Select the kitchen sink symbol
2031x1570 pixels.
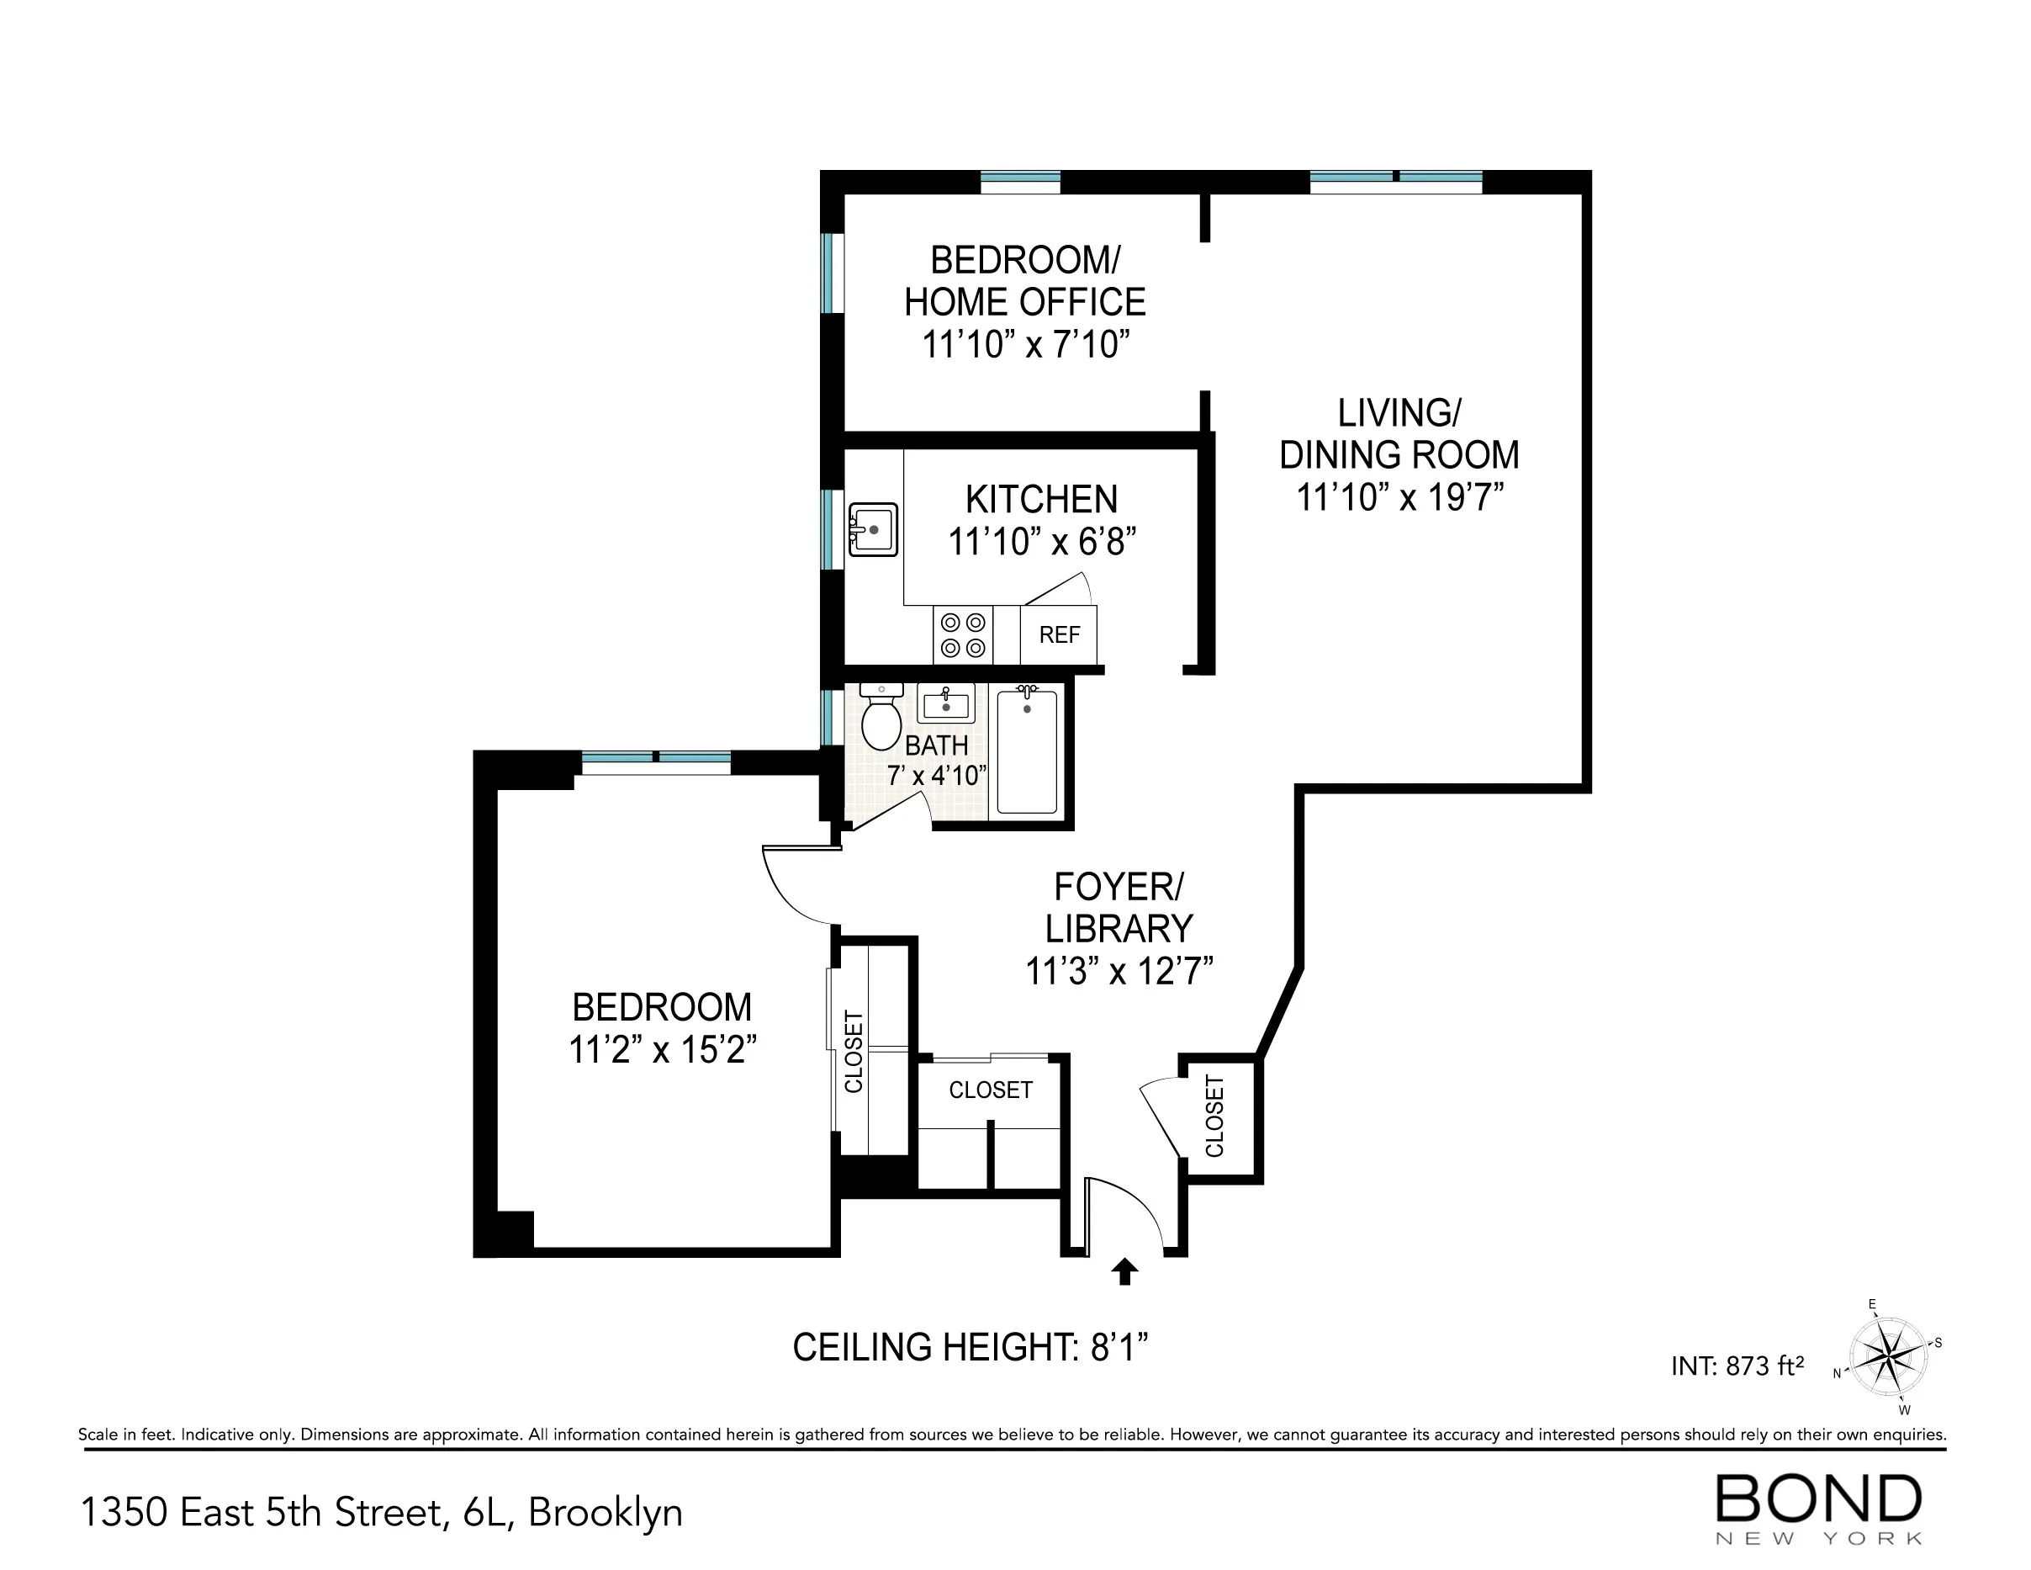point(872,530)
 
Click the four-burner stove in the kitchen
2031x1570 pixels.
point(962,635)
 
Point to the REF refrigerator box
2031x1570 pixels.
point(1059,635)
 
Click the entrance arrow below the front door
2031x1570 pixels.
point(1124,1270)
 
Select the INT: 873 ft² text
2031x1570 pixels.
point(1737,1366)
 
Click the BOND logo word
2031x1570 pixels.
point(1818,1499)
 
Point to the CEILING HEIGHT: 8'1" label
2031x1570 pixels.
point(970,1347)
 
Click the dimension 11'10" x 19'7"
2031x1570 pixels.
point(1399,497)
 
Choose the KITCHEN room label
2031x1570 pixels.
point(1040,500)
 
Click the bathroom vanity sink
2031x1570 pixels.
point(946,703)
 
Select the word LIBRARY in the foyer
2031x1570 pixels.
point(1119,929)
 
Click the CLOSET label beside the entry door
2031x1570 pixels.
point(1214,1117)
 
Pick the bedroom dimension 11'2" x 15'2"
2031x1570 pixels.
point(662,1050)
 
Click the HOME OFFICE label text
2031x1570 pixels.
point(1025,302)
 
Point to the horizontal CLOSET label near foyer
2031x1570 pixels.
point(991,1090)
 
